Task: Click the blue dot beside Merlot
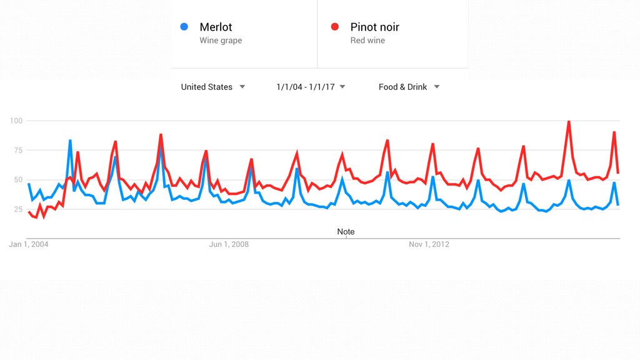(x=184, y=26)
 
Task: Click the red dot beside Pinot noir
(x=335, y=26)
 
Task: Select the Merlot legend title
(x=216, y=27)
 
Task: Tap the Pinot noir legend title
(x=375, y=27)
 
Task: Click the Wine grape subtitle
(x=221, y=41)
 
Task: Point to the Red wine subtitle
(x=367, y=41)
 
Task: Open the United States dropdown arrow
(x=242, y=86)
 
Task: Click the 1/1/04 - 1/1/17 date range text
(x=305, y=87)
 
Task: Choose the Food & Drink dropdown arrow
(x=437, y=86)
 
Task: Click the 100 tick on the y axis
(x=16, y=121)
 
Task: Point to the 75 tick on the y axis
(x=18, y=150)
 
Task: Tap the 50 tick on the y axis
(x=18, y=179)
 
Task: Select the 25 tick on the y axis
(x=18, y=209)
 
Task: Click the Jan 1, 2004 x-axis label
(x=29, y=244)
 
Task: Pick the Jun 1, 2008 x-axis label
(x=229, y=244)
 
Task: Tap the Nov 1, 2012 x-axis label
(x=429, y=244)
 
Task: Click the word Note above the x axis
(x=346, y=231)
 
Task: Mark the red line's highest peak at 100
(x=569, y=121)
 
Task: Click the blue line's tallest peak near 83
(x=70, y=141)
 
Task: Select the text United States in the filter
(x=206, y=87)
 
